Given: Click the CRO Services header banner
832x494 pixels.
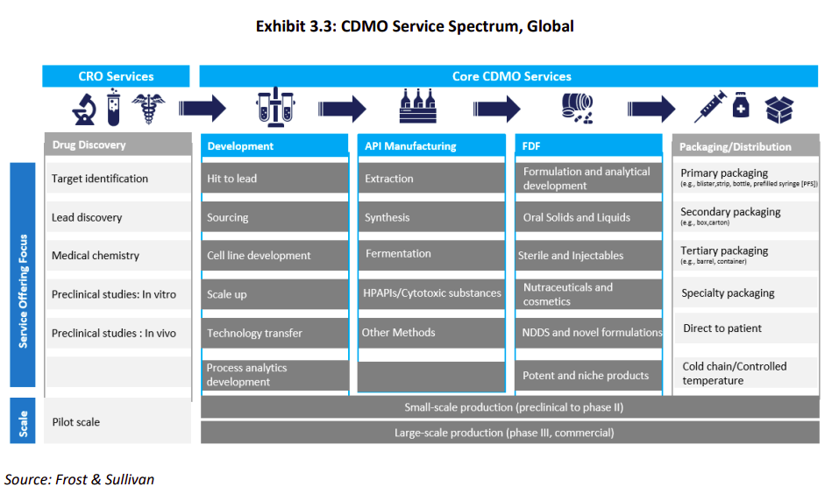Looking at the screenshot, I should (116, 76).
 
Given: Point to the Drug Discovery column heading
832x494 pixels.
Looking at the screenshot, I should (117, 145).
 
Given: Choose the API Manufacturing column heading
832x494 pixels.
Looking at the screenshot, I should (431, 146).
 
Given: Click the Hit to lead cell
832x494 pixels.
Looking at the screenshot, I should (275, 179).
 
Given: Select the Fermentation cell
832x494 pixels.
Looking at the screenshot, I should (431, 254).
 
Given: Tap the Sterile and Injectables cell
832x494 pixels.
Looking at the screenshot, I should (588, 256).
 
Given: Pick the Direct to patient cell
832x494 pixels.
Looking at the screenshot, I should (746, 328).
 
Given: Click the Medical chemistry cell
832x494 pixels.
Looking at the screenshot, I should (117, 256).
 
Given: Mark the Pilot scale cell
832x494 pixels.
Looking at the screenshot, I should (117, 422).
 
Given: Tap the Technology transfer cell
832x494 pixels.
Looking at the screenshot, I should (275, 333).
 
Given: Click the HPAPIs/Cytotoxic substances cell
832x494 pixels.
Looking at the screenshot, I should (431, 293).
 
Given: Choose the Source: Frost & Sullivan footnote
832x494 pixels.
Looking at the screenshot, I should (79, 479).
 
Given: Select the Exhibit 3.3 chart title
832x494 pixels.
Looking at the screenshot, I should (415, 26).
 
